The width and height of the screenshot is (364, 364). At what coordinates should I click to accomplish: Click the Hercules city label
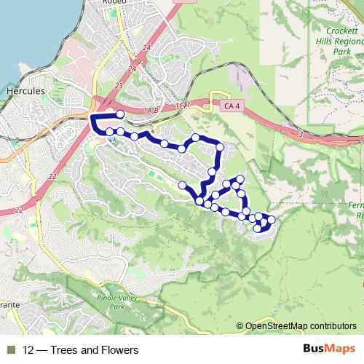(x=25, y=91)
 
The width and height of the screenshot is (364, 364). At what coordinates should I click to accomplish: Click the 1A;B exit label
(x=151, y=110)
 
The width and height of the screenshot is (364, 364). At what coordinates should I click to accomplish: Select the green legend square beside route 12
(x=10, y=350)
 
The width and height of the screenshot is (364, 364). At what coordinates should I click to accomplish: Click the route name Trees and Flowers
(x=96, y=350)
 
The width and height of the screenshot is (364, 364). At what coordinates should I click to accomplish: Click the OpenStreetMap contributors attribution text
(x=301, y=326)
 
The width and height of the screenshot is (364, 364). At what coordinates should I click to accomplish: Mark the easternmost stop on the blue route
(x=272, y=220)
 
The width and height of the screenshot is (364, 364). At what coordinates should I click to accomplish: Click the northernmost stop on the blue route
(x=120, y=114)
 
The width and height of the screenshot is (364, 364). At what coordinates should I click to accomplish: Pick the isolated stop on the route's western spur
(x=182, y=186)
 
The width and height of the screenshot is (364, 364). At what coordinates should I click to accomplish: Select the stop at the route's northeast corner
(x=220, y=147)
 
